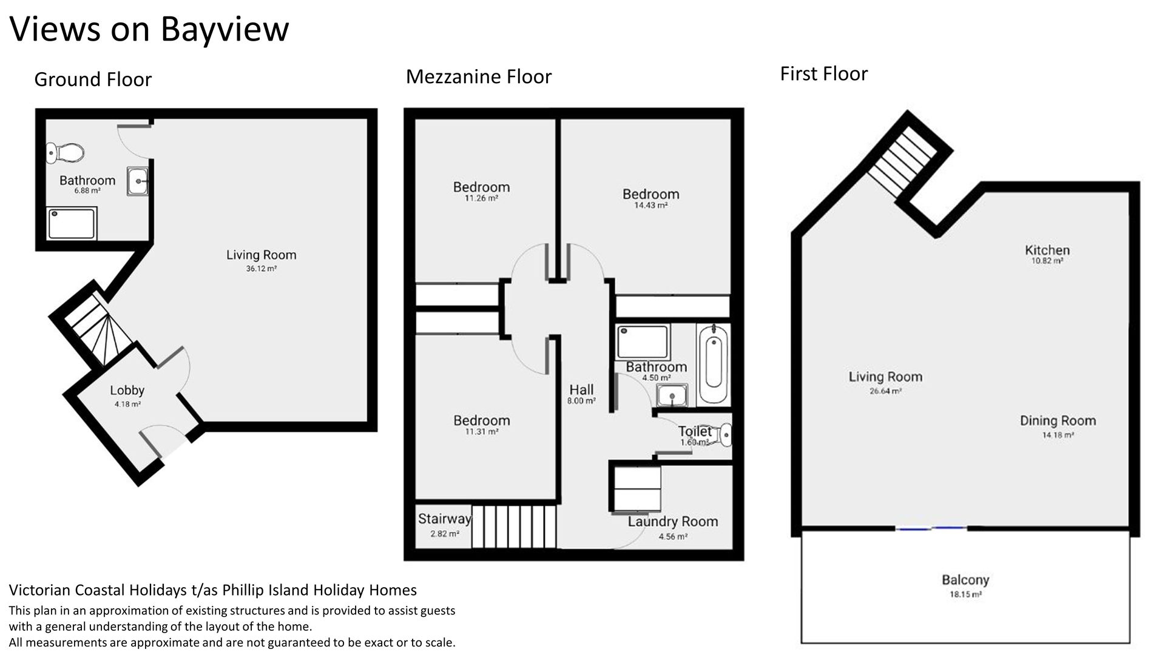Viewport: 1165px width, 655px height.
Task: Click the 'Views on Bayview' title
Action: pyautogui.click(x=149, y=29)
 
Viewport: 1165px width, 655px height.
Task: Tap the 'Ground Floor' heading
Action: pyautogui.click(x=93, y=79)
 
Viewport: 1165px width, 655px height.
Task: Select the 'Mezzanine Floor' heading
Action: pyautogui.click(x=479, y=76)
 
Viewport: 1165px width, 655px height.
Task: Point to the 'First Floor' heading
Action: pyautogui.click(x=823, y=73)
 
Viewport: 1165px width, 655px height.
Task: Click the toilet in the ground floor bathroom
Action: pyautogui.click(x=65, y=153)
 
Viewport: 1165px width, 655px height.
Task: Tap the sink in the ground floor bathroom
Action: pyautogui.click(x=138, y=181)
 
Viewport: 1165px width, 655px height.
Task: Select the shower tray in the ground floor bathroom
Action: pyautogui.click(x=72, y=224)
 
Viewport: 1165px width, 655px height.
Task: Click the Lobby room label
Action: pyautogui.click(x=127, y=391)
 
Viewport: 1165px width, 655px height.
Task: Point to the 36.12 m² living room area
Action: pyautogui.click(x=262, y=269)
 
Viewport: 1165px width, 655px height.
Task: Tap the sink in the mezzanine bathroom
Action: pyautogui.click(x=672, y=396)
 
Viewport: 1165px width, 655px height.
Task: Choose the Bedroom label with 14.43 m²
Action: pyautogui.click(x=650, y=194)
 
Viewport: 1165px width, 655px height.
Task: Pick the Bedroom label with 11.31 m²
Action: pyautogui.click(x=482, y=420)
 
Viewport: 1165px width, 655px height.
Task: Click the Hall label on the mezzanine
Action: pyautogui.click(x=581, y=389)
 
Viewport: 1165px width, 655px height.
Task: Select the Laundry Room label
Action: pyautogui.click(x=673, y=521)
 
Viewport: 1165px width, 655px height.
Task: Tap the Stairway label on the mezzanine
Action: pyautogui.click(x=444, y=519)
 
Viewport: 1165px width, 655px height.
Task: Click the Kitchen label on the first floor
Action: pyautogui.click(x=1047, y=250)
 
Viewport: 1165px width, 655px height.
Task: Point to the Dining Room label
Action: pyautogui.click(x=1058, y=420)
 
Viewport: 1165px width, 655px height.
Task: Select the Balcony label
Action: pyautogui.click(x=965, y=580)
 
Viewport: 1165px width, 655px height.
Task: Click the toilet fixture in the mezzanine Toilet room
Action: pyautogui.click(x=723, y=435)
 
